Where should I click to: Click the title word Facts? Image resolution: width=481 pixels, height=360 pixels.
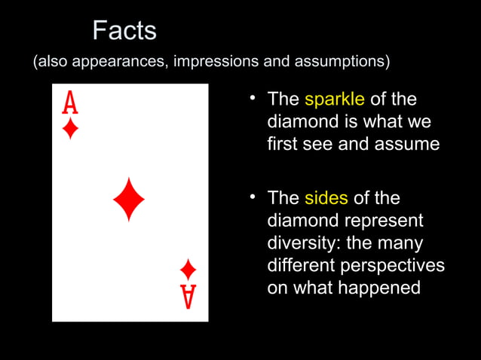coord(124,31)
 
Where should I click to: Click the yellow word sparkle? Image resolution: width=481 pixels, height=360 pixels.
coord(335,99)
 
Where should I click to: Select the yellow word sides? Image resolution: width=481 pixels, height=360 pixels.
coord(326,198)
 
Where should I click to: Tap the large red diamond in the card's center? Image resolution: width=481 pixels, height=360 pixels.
coord(129,200)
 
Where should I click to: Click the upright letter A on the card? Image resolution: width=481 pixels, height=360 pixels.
coord(70,102)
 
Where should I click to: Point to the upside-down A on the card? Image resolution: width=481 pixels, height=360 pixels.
coord(188,296)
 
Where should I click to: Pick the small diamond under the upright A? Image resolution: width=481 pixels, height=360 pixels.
coord(70,129)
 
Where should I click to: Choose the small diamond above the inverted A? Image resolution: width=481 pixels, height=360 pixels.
coord(188,269)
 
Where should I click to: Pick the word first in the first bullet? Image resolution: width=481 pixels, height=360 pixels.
coord(283,144)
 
